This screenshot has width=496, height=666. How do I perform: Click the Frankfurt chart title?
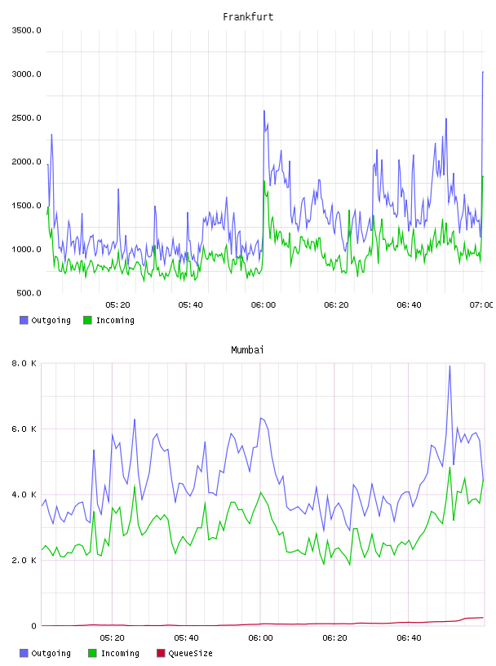[248, 17]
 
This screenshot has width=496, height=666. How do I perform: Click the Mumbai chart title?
[247, 350]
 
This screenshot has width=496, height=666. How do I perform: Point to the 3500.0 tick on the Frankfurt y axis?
[26, 30]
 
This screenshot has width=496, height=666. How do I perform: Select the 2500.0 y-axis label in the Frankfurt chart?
[26, 118]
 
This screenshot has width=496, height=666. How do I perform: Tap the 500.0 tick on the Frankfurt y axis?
[29, 293]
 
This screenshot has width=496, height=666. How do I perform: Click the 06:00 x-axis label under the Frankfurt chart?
[263, 305]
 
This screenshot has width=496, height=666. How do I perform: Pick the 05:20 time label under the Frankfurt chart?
[117, 305]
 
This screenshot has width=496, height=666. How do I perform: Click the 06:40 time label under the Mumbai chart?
[409, 638]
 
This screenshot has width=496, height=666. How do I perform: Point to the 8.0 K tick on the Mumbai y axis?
[24, 363]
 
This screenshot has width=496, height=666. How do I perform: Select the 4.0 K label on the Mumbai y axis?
[24, 495]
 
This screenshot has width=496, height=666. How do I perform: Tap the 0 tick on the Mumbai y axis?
[34, 626]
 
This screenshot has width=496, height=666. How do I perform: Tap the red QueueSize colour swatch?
[161, 653]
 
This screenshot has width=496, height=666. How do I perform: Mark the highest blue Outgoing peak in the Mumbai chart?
[449, 366]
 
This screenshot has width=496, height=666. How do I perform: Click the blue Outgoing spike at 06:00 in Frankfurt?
[264, 111]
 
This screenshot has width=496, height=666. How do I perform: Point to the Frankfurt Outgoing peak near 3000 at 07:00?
[483, 72]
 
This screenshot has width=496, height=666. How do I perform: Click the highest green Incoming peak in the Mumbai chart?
[449, 468]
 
